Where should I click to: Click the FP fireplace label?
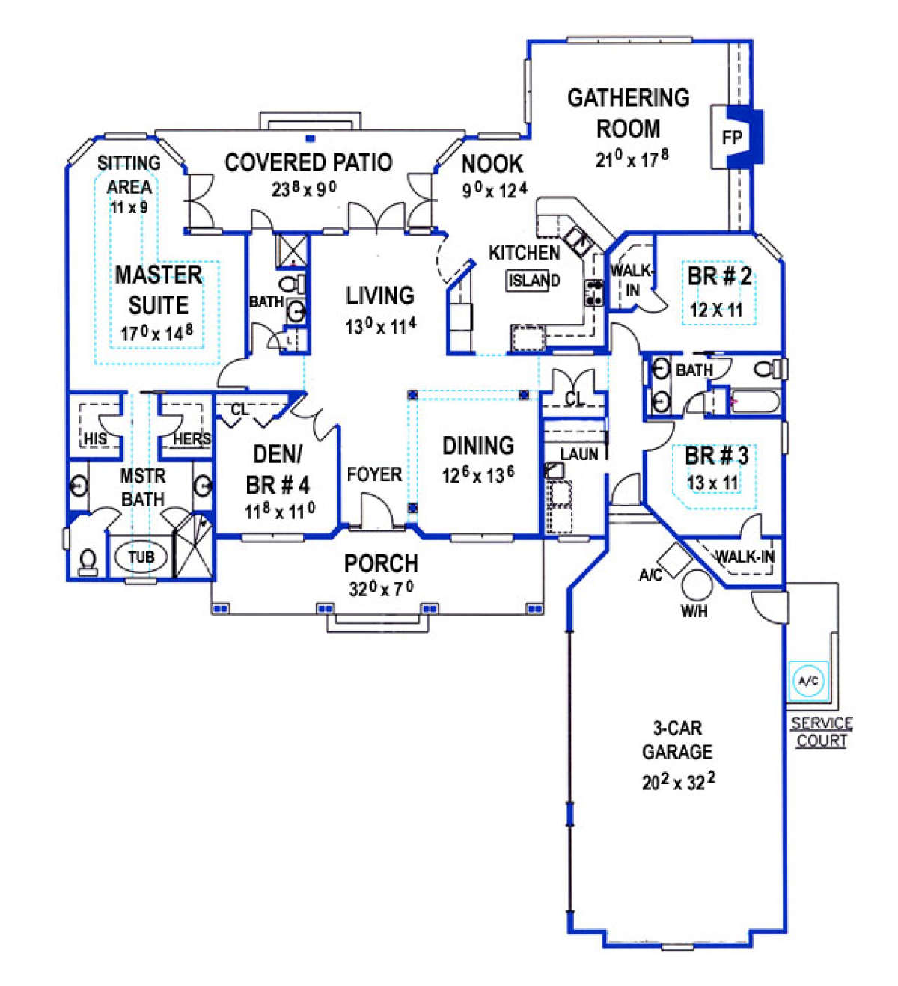click(731, 138)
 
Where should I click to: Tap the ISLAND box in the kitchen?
click(534, 281)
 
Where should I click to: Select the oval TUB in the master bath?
click(141, 557)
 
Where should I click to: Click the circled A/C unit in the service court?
click(808, 682)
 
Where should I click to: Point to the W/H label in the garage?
click(694, 611)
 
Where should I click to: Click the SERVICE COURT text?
click(821, 732)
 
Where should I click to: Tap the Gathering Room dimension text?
click(632, 159)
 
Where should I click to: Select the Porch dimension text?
click(381, 588)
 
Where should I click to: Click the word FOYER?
click(374, 474)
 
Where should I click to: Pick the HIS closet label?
click(95, 438)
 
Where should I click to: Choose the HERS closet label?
click(192, 438)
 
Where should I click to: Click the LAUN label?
click(579, 454)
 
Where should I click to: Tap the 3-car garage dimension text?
click(678, 781)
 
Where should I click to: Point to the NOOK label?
click(492, 164)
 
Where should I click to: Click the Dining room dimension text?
click(478, 474)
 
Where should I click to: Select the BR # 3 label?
click(717, 456)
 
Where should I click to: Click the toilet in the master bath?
click(88, 563)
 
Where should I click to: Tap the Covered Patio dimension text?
click(304, 189)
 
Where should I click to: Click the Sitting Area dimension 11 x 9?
click(129, 207)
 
